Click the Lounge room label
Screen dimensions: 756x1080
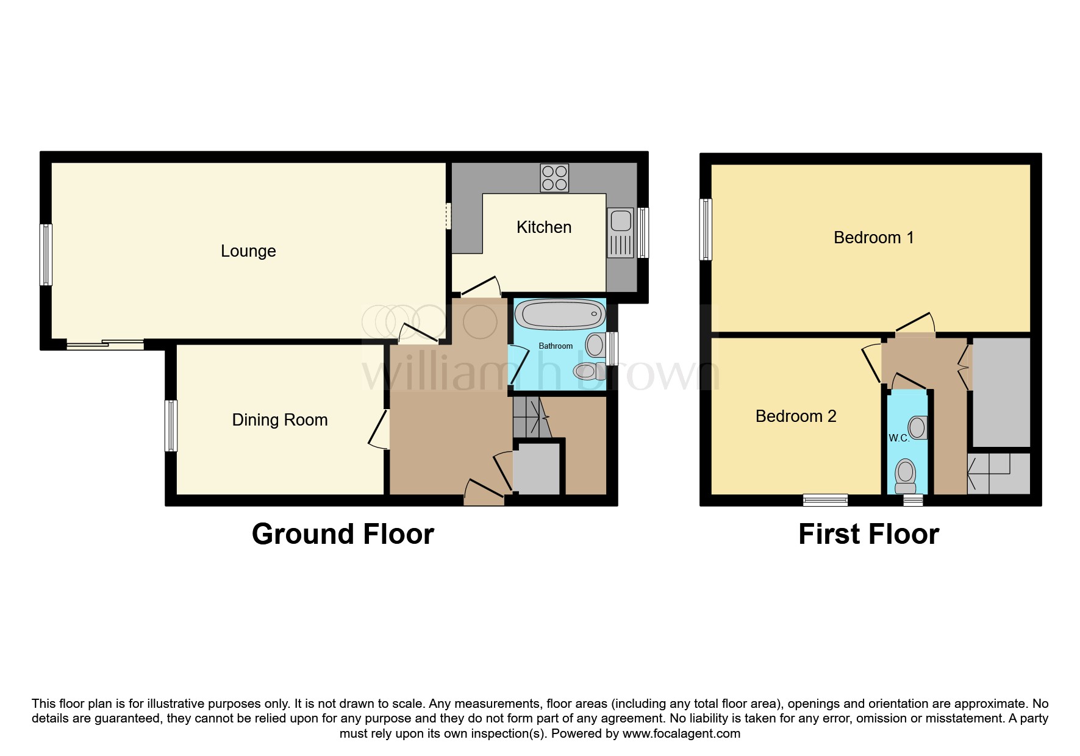tap(248, 251)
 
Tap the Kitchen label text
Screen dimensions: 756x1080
tap(543, 227)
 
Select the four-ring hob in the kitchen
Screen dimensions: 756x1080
tap(554, 177)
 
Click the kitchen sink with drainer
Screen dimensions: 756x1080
tap(621, 233)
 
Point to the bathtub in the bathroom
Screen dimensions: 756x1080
tap(559, 315)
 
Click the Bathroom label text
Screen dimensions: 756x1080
tap(555, 346)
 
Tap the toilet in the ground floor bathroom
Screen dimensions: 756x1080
tap(586, 371)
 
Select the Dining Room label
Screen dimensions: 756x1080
tap(279, 420)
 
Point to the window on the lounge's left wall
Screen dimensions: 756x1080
tap(46, 254)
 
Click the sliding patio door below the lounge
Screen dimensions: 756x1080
tap(105, 345)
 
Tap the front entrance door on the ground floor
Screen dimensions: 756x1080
tap(484, 492)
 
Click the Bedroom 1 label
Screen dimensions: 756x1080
tap(873, 238)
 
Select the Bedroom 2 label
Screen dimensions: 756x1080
tap(795, 416)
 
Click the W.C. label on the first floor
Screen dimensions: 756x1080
tap(898, 438)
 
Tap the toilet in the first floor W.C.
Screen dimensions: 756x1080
tap(906, 476)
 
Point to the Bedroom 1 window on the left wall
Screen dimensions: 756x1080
tap(706, 229)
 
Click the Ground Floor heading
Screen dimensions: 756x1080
tap(343, 534)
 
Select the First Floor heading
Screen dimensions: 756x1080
tap(868, 534)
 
